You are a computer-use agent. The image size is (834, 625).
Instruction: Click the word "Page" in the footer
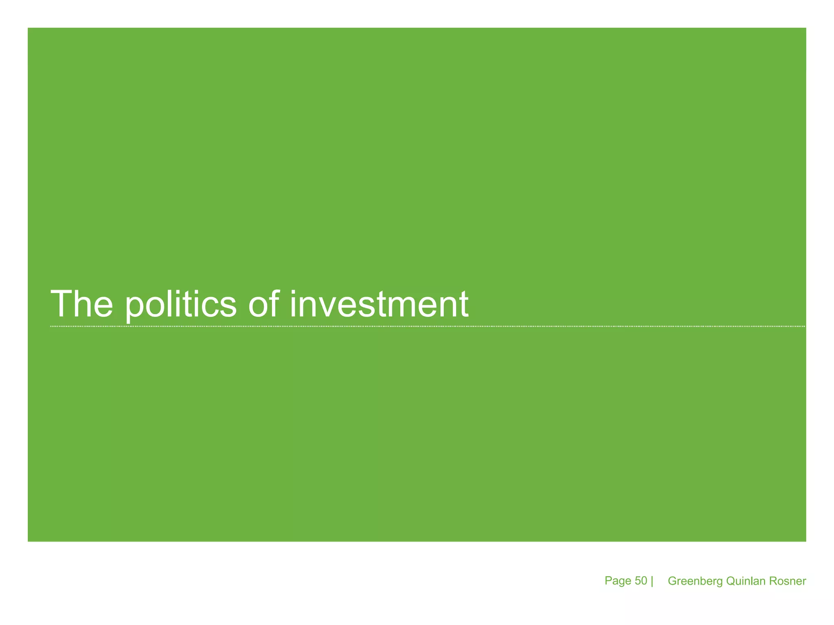point(618,581)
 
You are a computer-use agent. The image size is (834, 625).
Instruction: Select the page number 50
point(641,581)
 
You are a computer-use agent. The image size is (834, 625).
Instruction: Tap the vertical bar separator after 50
point(652,581)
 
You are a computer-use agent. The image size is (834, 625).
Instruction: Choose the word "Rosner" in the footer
point(788,581)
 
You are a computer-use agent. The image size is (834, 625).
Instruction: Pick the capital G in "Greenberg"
point(673,581)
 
